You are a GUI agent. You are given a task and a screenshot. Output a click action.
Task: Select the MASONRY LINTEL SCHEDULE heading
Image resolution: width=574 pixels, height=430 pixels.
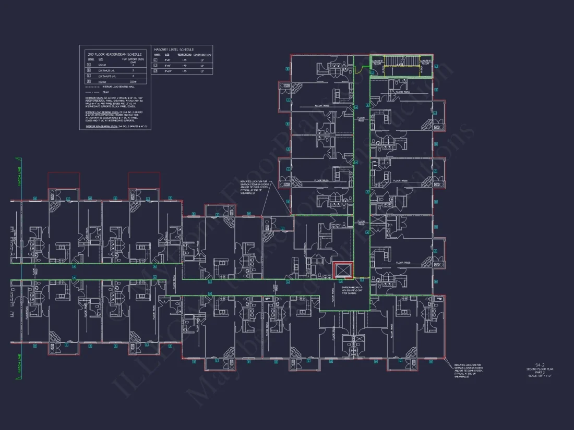click(x=173, y=50)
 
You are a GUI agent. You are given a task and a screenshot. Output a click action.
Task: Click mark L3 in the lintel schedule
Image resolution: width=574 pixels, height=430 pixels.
click(x=155, y=71)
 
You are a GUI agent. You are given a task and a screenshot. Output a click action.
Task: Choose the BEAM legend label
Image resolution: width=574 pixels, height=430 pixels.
click(x=105, y=92)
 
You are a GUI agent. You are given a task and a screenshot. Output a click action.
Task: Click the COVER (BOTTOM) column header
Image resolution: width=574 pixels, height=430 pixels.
click(x=202, y=54)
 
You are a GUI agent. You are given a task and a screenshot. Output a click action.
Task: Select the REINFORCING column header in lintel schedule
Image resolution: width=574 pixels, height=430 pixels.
click(x=184, y=54)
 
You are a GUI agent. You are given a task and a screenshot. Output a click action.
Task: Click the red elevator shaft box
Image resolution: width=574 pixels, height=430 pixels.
click(x=343, y=271)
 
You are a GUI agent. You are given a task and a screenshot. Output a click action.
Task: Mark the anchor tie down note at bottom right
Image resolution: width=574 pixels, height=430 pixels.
click(x=469, y=371)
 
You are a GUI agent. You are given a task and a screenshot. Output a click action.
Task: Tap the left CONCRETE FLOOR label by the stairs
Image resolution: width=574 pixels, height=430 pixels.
click(x=377, y=63)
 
